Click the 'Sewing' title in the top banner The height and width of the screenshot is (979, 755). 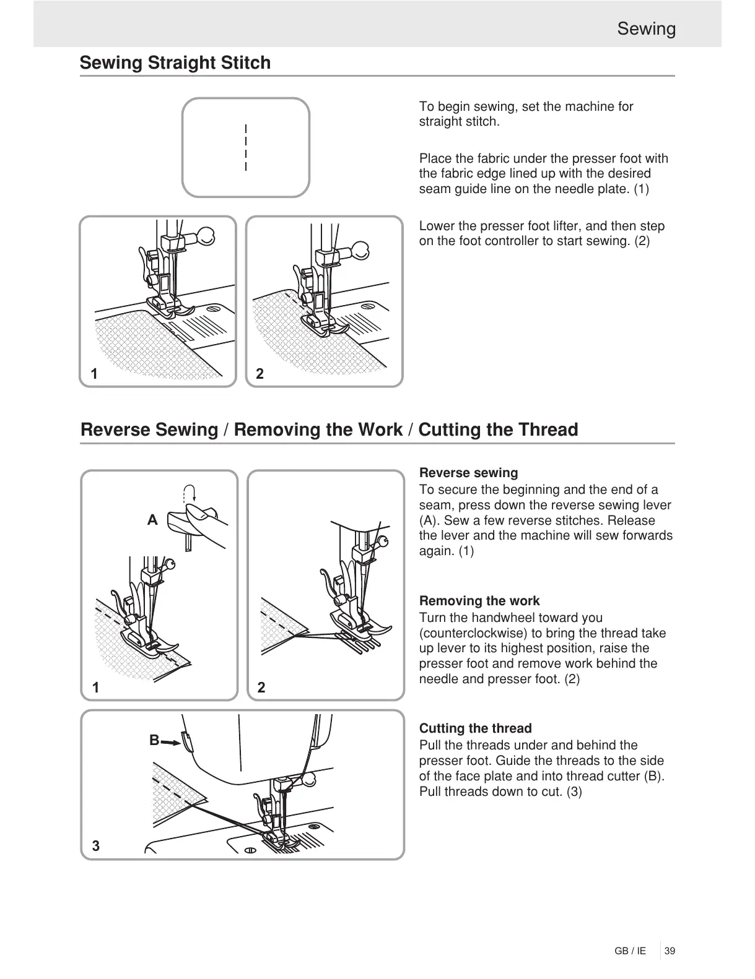[646, 29]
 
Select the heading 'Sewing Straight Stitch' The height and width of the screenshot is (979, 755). [175, 63]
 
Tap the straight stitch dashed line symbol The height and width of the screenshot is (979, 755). [246, 147]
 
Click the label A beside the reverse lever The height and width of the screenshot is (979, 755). [152, 520]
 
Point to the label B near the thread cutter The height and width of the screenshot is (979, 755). [154, 740]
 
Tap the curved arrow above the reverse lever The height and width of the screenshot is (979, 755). [190, 492]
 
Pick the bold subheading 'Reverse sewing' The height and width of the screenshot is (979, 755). [468, 473]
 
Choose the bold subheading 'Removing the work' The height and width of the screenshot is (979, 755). [479, 601]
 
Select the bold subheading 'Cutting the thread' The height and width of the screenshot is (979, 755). [475, 728]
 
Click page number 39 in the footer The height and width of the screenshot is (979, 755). [670, 951]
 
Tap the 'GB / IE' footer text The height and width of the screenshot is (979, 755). [631, 951]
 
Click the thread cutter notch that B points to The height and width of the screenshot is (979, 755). [186, 740]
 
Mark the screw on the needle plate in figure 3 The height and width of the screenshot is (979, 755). [251, 850]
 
